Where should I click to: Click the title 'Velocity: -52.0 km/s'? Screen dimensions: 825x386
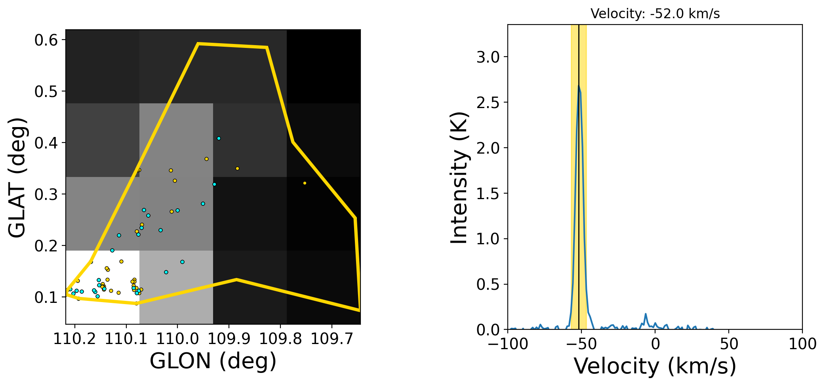coord(655,14)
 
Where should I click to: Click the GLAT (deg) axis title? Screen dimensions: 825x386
coord(17,177)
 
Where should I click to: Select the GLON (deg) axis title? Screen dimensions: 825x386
coord(213,361)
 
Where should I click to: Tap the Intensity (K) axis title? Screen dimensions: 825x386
coord(460,177)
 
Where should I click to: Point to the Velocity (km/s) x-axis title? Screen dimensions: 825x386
coord(655,366)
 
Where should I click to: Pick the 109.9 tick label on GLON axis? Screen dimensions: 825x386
coord(229,339)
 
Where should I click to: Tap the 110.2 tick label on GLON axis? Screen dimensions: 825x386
coord(75,339)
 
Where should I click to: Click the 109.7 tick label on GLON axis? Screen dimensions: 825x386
coord(332,339)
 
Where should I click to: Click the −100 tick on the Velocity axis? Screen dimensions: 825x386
coord(508,344)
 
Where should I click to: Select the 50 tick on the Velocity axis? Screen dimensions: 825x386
coord(729,344)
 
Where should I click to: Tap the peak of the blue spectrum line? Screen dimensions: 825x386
coord(579,86)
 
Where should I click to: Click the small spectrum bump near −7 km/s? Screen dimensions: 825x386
coord(646,314)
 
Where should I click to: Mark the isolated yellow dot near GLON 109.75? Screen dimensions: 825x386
coord(305,183)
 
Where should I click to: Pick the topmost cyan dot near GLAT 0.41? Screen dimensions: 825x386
coord(219,139)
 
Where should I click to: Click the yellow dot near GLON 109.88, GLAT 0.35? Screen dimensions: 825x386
coord(238,169)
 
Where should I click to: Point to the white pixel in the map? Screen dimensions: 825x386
coord(103,287)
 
